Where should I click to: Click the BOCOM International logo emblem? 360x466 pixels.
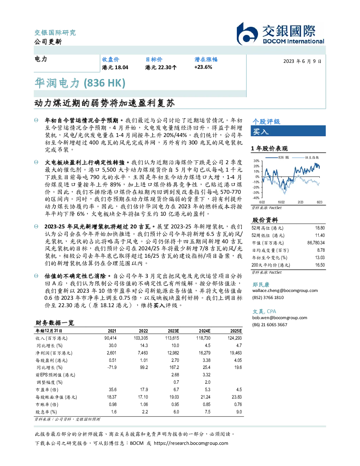[247, 34]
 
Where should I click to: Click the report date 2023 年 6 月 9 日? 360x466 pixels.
[302, 61]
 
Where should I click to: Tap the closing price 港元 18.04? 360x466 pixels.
[115, 67]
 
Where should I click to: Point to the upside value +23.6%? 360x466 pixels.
[203, 67]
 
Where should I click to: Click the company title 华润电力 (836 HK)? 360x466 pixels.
[80, 83]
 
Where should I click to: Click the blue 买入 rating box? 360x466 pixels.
[288, 131]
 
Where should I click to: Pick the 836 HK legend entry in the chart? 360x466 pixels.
[277, 157]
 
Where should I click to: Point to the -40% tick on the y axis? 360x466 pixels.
[256, 198]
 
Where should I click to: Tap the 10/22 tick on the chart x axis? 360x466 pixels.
[281, 202]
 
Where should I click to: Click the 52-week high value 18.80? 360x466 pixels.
[320, 228]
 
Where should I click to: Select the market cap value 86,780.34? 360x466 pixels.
[316, 243]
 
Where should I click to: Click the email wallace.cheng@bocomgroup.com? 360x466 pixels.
[285, 290]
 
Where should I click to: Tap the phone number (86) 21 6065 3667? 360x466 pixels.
[270, 324]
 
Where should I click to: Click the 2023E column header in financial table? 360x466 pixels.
[173, 331]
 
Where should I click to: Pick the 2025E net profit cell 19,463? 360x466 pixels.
[236, 353]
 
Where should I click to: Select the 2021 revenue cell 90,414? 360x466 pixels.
[110, 338]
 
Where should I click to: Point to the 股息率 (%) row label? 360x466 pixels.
[46, 412]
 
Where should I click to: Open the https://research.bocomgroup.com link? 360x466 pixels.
[191, 443]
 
